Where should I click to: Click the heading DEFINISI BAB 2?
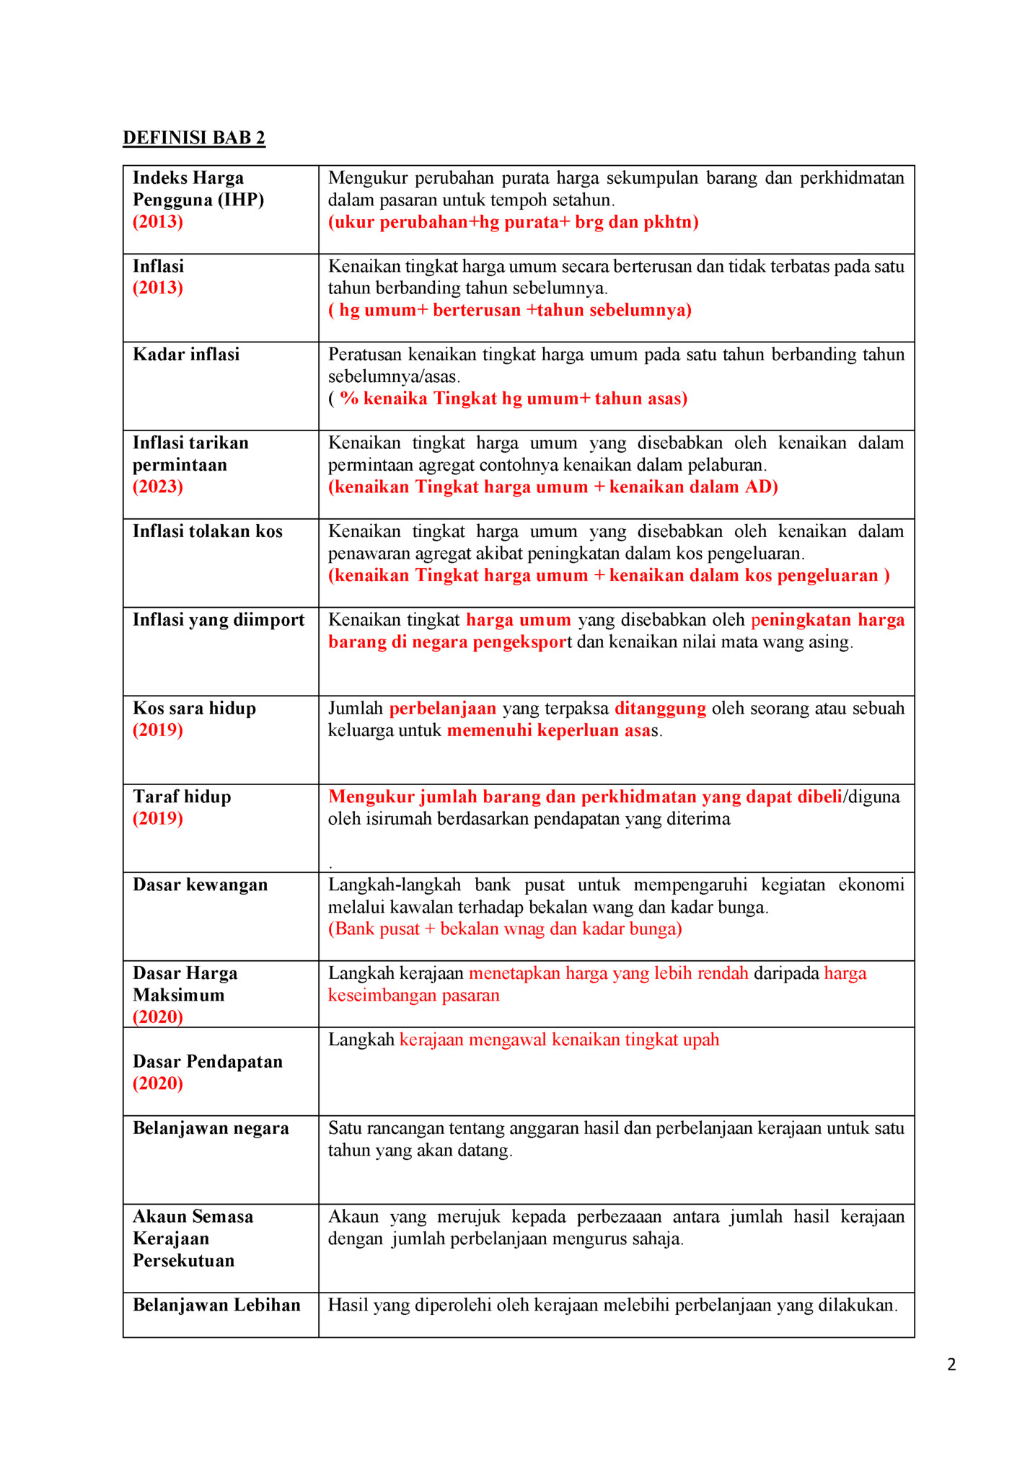tap(193, 138)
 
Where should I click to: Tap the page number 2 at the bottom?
tap(951, 1364)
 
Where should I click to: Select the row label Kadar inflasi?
tap(186, 355)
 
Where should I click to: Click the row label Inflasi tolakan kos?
tap(208, 532)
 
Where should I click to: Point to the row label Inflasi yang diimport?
tap(219, 620)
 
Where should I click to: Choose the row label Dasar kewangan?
tap(200, 885)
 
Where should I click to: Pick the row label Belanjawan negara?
tap(211, 1128)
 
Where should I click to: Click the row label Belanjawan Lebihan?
tap(216, 1305)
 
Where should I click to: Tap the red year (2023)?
tap(158, 487)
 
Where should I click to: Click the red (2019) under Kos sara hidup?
tap(158, 730)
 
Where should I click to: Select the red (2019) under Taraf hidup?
tap(158, 818)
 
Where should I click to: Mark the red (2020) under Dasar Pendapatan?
tap(158, 1084)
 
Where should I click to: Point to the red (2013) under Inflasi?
tap(158, 288)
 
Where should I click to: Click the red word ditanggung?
tap(660, 709)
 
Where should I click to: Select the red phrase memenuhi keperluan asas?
tap(549, 730)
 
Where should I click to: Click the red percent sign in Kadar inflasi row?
tap(349, 399)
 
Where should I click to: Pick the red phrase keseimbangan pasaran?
tap(414, 996)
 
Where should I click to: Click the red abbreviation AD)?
tap(762, 487)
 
